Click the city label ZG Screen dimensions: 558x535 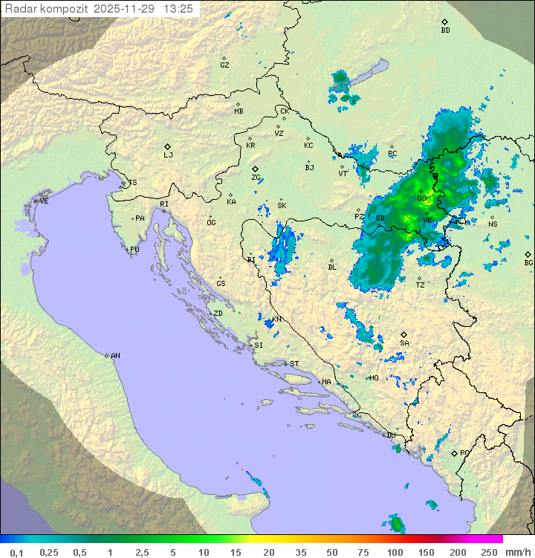point(256,178)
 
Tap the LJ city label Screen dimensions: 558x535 point(168,155)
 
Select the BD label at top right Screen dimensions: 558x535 point(445,30)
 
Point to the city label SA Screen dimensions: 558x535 point(404,343)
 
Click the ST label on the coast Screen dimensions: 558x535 point(294,364)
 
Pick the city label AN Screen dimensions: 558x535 point(115,356)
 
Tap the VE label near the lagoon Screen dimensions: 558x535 point(44,201)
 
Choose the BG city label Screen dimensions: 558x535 point(528,262)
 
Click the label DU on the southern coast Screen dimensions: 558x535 point(391,435)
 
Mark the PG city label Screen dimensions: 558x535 point(464,452)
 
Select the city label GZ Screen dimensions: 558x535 point(224,65)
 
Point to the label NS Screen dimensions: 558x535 point(493,224)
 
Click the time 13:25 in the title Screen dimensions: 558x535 point(178,9)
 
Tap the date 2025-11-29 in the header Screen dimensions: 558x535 point(126,9)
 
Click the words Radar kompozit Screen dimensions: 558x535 point(48,9)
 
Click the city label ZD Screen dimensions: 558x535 point(218,314)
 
